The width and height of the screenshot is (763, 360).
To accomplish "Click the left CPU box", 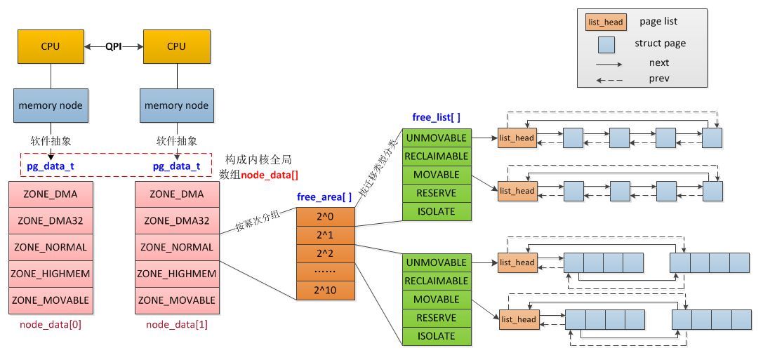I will (x=51, y=46).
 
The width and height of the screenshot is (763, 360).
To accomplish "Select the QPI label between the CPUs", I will (x=114, y=46).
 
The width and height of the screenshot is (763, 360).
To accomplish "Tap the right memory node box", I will (x=177, y=106).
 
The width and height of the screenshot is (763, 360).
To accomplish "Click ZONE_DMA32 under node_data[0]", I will (x=51, y=220).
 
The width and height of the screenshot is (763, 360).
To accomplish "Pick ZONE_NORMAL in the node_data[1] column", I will (x=177, y=247).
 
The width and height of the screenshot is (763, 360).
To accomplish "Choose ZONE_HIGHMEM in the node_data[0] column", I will (x=51, y=274).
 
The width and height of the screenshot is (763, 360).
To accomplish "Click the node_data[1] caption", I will (x=177, y=325).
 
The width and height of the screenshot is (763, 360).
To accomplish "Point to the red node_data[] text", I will (x=270, y=174).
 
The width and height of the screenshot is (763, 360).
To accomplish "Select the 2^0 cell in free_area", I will (x=325, y=216).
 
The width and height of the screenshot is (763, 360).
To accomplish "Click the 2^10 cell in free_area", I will (x=325, y=289).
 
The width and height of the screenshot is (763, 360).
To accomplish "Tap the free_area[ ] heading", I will (x=324, y=197).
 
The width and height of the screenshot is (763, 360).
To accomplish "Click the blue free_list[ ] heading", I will (x=436, y=116).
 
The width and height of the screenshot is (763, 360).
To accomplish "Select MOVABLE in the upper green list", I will (x=436, y=175).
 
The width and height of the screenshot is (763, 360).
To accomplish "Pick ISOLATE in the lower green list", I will (x=436, y=336).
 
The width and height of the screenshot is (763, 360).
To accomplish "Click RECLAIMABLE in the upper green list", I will (x=436, y=156).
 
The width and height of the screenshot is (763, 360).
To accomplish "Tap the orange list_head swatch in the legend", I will (x=605, y=22).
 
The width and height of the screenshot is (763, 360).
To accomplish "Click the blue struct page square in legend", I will (x=606, y=44).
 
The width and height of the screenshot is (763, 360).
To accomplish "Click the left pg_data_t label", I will (x=51, y=167).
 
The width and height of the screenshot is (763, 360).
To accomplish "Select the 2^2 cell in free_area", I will (x=325, y=253).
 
